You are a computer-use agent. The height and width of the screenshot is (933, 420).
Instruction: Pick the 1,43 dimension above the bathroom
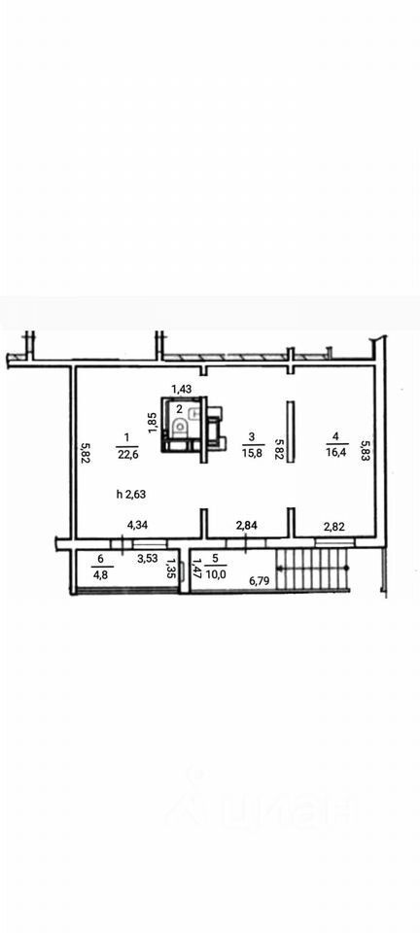click(x=182, y=389)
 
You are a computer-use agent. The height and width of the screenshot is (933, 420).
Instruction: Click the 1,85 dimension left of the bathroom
click(x=152, y=423)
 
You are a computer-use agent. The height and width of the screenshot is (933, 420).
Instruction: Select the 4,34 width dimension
click(x=139, y=526)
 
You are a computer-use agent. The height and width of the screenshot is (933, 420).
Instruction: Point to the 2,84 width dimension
click(x=247, y=525)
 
